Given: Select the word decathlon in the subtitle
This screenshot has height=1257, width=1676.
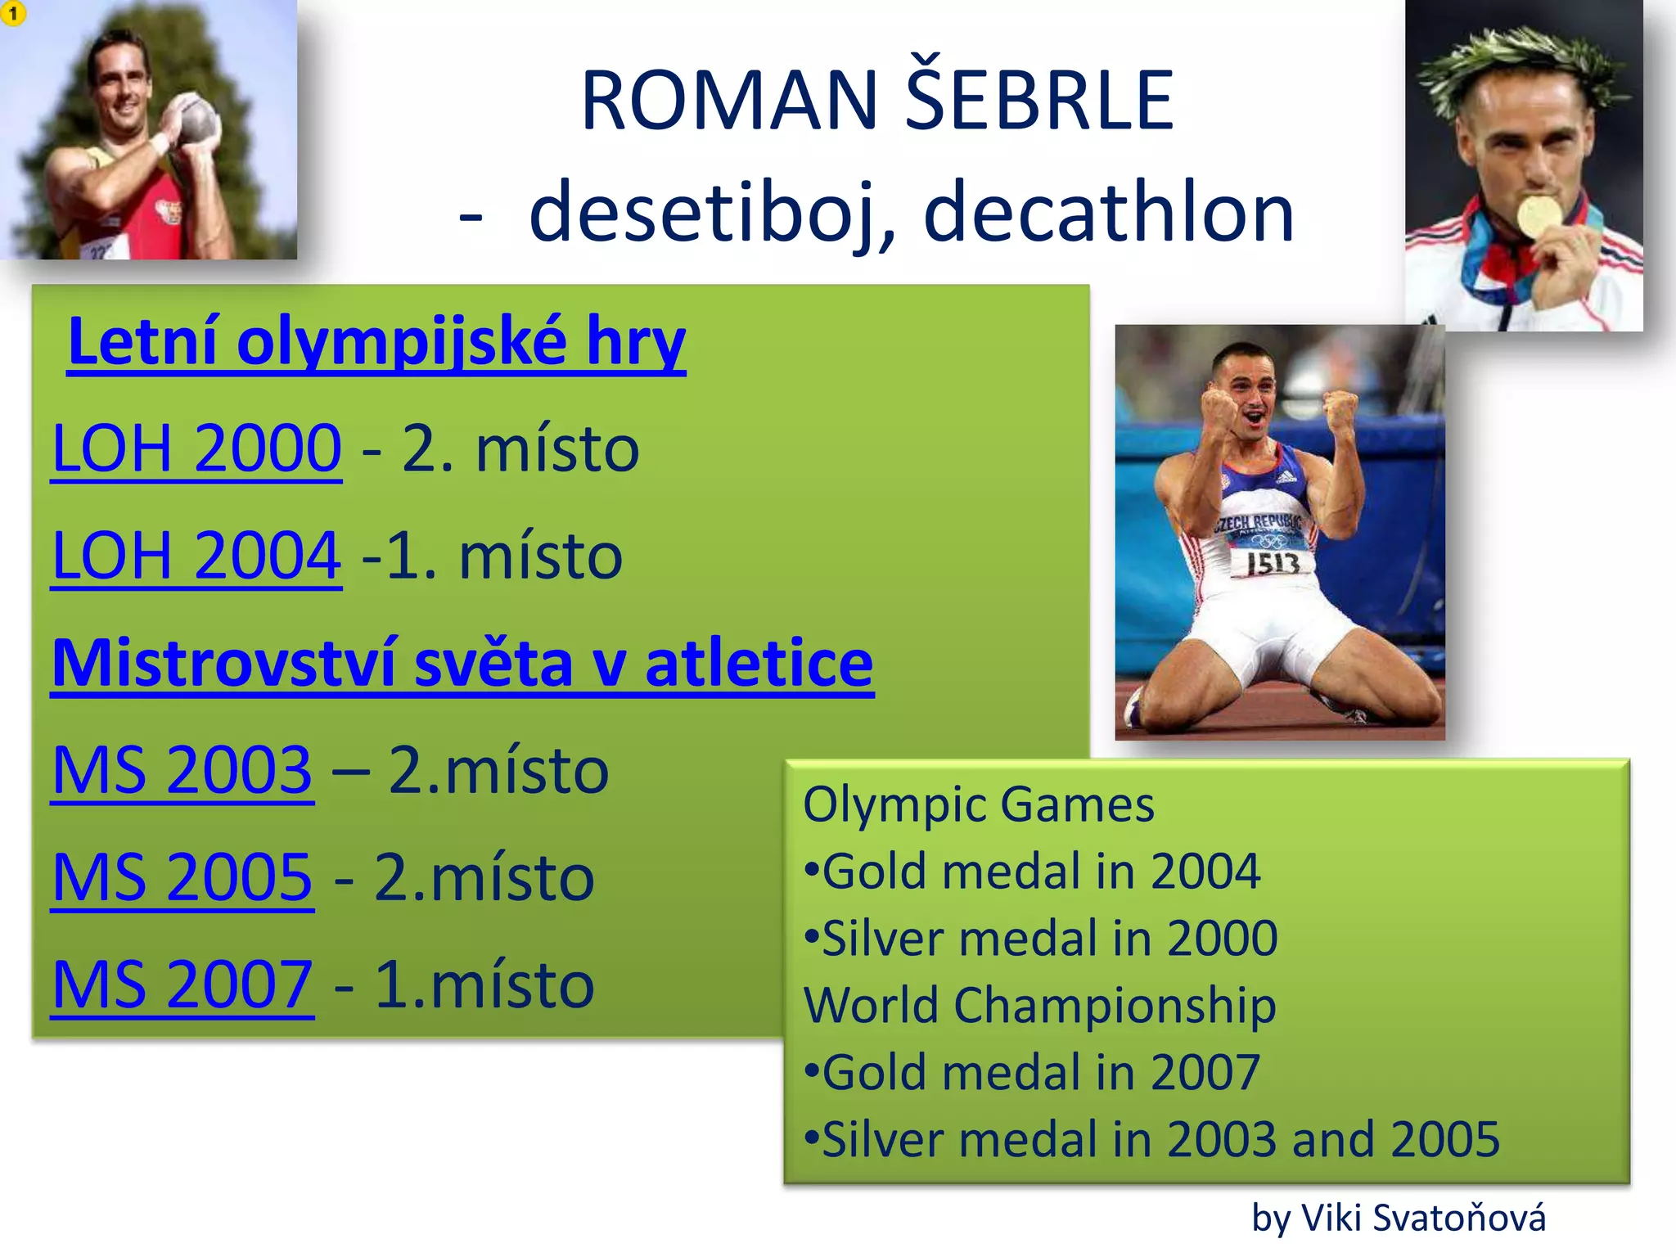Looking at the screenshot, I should (x=1109, y=213).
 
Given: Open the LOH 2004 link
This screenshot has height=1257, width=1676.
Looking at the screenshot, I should (x=196, y=556).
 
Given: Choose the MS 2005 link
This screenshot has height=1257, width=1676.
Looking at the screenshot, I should (x=182, y=877).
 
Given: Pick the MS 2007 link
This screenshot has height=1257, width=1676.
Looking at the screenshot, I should (x=182, y=984).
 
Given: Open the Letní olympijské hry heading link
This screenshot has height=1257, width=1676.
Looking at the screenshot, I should (x=376, y=341).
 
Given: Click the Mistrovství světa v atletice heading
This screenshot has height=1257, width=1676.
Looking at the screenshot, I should (x=462, y=663).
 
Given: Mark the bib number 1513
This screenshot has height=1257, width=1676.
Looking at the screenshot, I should (x=1273, y=563).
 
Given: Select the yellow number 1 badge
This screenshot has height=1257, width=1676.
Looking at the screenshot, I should (x=13, y=13).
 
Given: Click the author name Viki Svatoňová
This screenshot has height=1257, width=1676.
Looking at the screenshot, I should (x=1423, y=1218).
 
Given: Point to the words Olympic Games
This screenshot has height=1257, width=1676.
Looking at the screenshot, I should (x=978, y=804).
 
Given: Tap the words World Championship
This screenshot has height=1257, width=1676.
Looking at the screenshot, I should (x=1039, y=1005).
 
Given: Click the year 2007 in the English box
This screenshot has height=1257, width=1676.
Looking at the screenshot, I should (x=1205, y=1073).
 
